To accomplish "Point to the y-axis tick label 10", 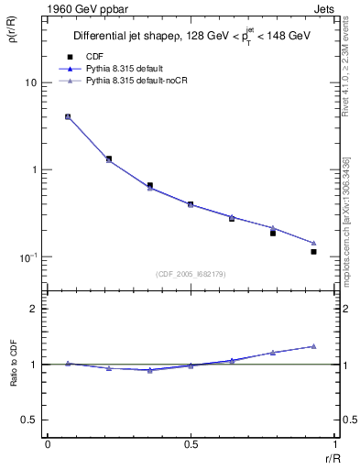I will pyautogui.click(x=30, y=82).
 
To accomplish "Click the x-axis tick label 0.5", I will pyautogui.click(x=191, y=443).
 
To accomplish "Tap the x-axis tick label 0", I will pyautogui.click(x=48, y=443).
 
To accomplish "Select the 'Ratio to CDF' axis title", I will pyautogui.click(x=13, y=380).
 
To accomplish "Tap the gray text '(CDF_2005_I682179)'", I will pyautogui.click(x=191, y=272).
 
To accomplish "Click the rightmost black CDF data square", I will pyautogui.click(x=313, y=251).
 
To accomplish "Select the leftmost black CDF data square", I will pyautogui.click(x=68, y=117).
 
